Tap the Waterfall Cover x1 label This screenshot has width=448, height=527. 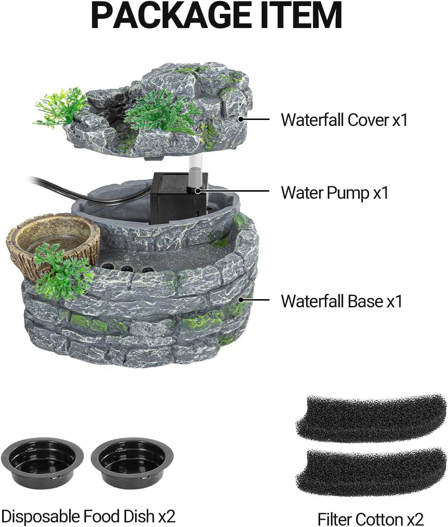344,120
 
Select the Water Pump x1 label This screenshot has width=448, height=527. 334,193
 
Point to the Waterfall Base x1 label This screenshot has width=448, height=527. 342,301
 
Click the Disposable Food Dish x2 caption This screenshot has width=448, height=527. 88,516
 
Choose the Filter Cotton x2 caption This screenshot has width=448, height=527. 370,519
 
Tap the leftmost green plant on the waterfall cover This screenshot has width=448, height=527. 59,108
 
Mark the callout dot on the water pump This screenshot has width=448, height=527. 198,191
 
